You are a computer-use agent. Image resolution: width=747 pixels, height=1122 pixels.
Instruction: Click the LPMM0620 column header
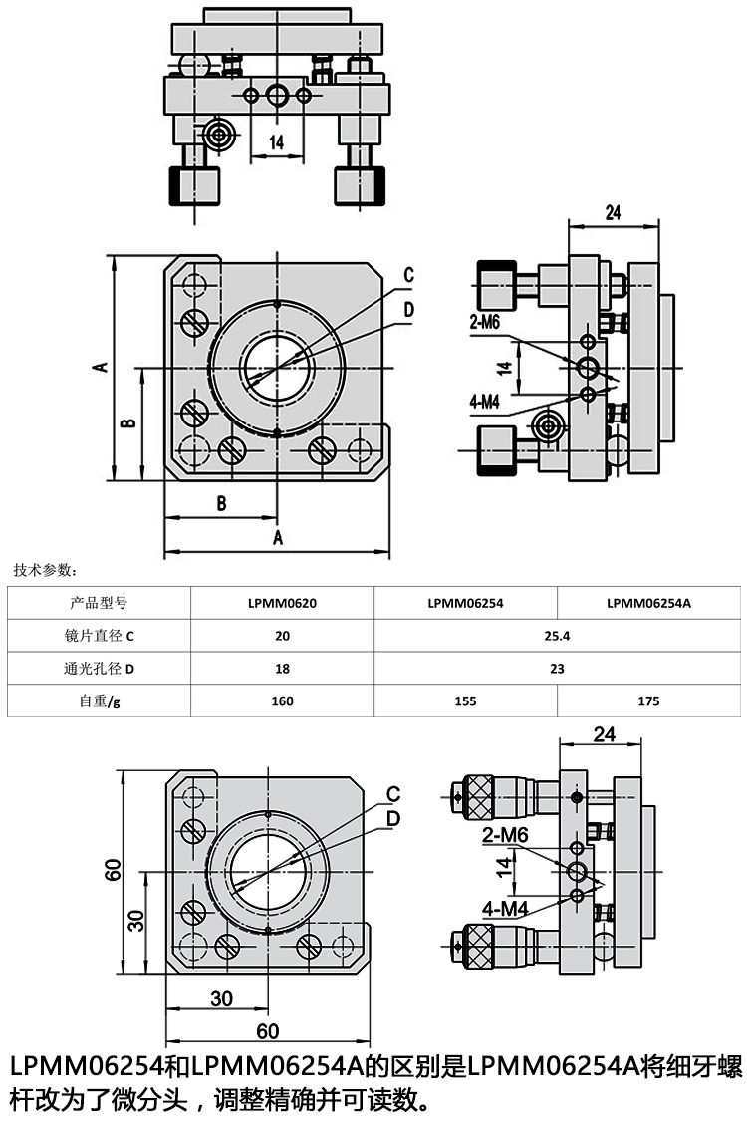(282, 602)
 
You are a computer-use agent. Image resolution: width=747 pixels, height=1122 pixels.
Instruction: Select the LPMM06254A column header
(648, 602)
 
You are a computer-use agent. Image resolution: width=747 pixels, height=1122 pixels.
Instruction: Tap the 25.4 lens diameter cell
(557, 635)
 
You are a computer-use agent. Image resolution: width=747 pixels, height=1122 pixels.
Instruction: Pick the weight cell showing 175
(648, 701)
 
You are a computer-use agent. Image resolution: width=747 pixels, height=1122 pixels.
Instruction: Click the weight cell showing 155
(465, 701)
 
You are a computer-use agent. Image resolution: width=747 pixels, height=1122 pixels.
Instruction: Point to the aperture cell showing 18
(282, 668)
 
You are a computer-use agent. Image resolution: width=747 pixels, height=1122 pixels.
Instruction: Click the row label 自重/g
(99, 701)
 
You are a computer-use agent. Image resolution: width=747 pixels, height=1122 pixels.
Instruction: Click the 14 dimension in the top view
(276, 142)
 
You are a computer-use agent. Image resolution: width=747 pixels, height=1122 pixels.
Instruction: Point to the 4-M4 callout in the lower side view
(504, 909)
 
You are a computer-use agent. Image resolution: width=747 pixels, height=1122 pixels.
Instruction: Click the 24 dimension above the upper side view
(613, 211)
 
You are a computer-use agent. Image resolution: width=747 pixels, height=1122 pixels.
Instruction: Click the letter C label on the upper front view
(408, 275)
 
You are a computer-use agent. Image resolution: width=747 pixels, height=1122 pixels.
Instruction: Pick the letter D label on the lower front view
(393, 817)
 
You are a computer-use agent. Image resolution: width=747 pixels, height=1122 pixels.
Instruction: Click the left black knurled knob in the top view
(193, 185)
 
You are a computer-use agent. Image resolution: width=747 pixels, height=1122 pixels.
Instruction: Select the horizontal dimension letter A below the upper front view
(278, 538)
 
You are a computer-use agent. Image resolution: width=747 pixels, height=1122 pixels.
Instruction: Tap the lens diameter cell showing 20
(282, 635)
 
